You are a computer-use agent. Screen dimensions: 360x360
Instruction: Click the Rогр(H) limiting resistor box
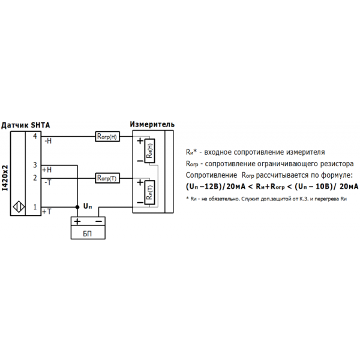click(108, 137)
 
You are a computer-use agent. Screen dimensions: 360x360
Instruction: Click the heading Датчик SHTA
click(26, 125)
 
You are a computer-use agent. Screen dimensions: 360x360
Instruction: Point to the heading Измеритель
click(152, 124)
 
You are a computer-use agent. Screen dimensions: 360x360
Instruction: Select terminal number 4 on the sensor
click(35, 137)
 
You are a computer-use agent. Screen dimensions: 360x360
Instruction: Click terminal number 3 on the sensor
click(35, 165)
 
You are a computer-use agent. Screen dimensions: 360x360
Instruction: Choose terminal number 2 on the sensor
click(35, 178)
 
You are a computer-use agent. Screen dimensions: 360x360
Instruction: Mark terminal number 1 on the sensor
click(35, 207)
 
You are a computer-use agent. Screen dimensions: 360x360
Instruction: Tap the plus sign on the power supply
click(77, 221)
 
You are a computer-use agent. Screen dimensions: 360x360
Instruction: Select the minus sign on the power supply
click(99, 221)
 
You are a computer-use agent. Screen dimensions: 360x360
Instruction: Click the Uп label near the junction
click(88, 206)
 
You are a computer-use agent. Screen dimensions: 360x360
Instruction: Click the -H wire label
click(48, 142)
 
